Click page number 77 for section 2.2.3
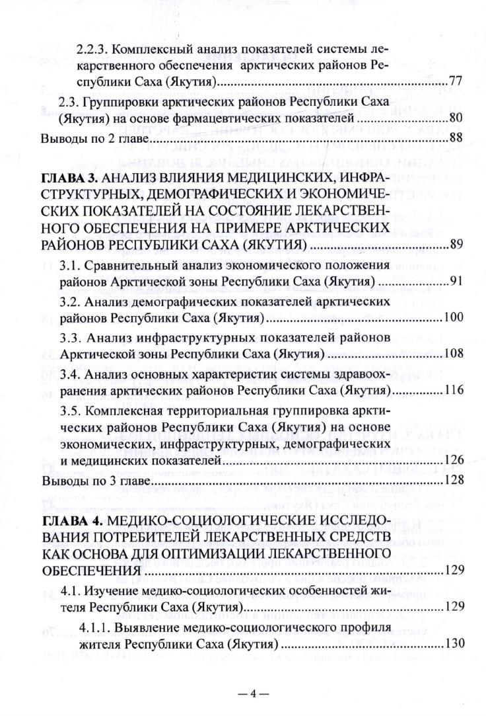tap(455, 83)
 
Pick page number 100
tap(452, 319)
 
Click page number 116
tap(452, 391)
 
